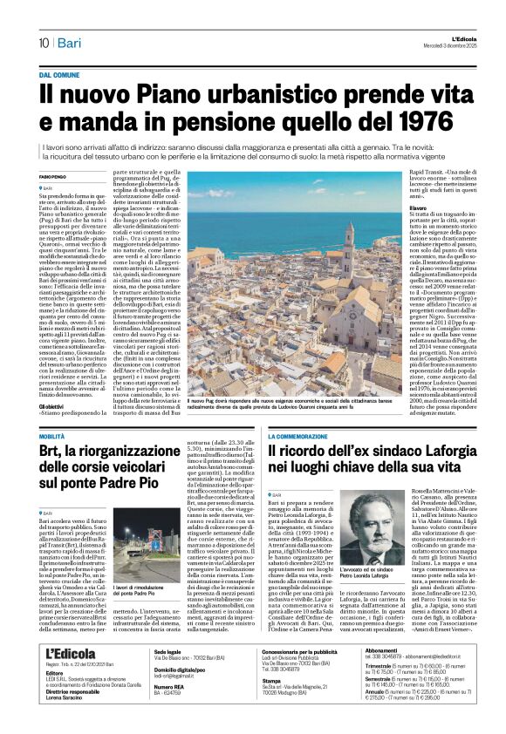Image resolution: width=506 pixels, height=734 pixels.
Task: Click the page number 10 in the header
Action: pos(43,41)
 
